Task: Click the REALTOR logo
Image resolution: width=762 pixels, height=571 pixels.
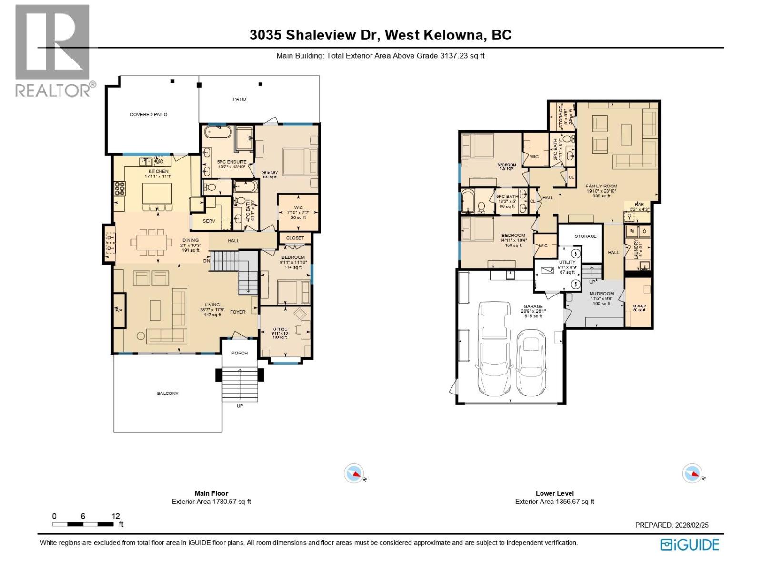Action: [53, 50]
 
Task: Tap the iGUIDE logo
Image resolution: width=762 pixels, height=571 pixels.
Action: [690, 544]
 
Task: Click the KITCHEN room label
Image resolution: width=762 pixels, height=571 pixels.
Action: [158, 171]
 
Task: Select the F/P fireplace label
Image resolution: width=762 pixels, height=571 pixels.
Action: [119, 311]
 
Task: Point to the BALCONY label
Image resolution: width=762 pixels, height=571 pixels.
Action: [168, 394]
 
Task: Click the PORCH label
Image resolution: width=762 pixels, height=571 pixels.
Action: [240, 353]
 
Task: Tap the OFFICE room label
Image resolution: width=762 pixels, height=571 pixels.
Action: [280, 329]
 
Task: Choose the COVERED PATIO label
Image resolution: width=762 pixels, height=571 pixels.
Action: [149, 114]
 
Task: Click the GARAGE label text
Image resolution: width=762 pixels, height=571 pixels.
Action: [533, 307]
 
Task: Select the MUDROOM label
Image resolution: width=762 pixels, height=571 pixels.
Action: [602, 294]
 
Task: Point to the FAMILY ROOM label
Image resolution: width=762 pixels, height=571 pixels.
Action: [601, 186]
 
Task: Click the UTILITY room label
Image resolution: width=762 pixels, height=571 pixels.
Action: [567, 262]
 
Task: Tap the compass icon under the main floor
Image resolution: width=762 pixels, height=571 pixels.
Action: [354, 473]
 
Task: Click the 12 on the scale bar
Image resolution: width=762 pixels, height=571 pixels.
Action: [116, 516]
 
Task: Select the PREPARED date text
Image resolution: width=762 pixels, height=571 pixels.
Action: [672, 525]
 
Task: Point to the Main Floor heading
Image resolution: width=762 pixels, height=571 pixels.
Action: [211, 493]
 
